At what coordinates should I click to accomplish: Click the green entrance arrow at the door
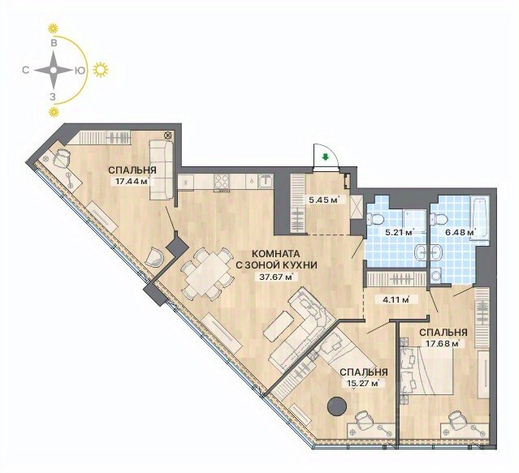pos(326,157)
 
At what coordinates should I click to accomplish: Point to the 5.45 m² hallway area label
pos(323,200)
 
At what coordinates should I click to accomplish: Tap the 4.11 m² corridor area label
pos(395,300)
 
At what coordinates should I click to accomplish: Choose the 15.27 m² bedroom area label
pos(361,384)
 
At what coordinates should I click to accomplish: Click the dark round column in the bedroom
pos(337,406)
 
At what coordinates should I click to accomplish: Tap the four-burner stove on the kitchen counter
pos(222,182)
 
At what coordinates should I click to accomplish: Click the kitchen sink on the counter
pos(266,182)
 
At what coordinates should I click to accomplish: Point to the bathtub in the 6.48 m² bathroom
pos(479,217)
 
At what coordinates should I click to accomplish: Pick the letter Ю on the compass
pos(80,70)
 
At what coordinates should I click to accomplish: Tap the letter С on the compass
pos(25,70)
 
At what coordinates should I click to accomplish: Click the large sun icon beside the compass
pos(100,70)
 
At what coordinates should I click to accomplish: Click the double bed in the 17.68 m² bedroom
pos(426,372)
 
